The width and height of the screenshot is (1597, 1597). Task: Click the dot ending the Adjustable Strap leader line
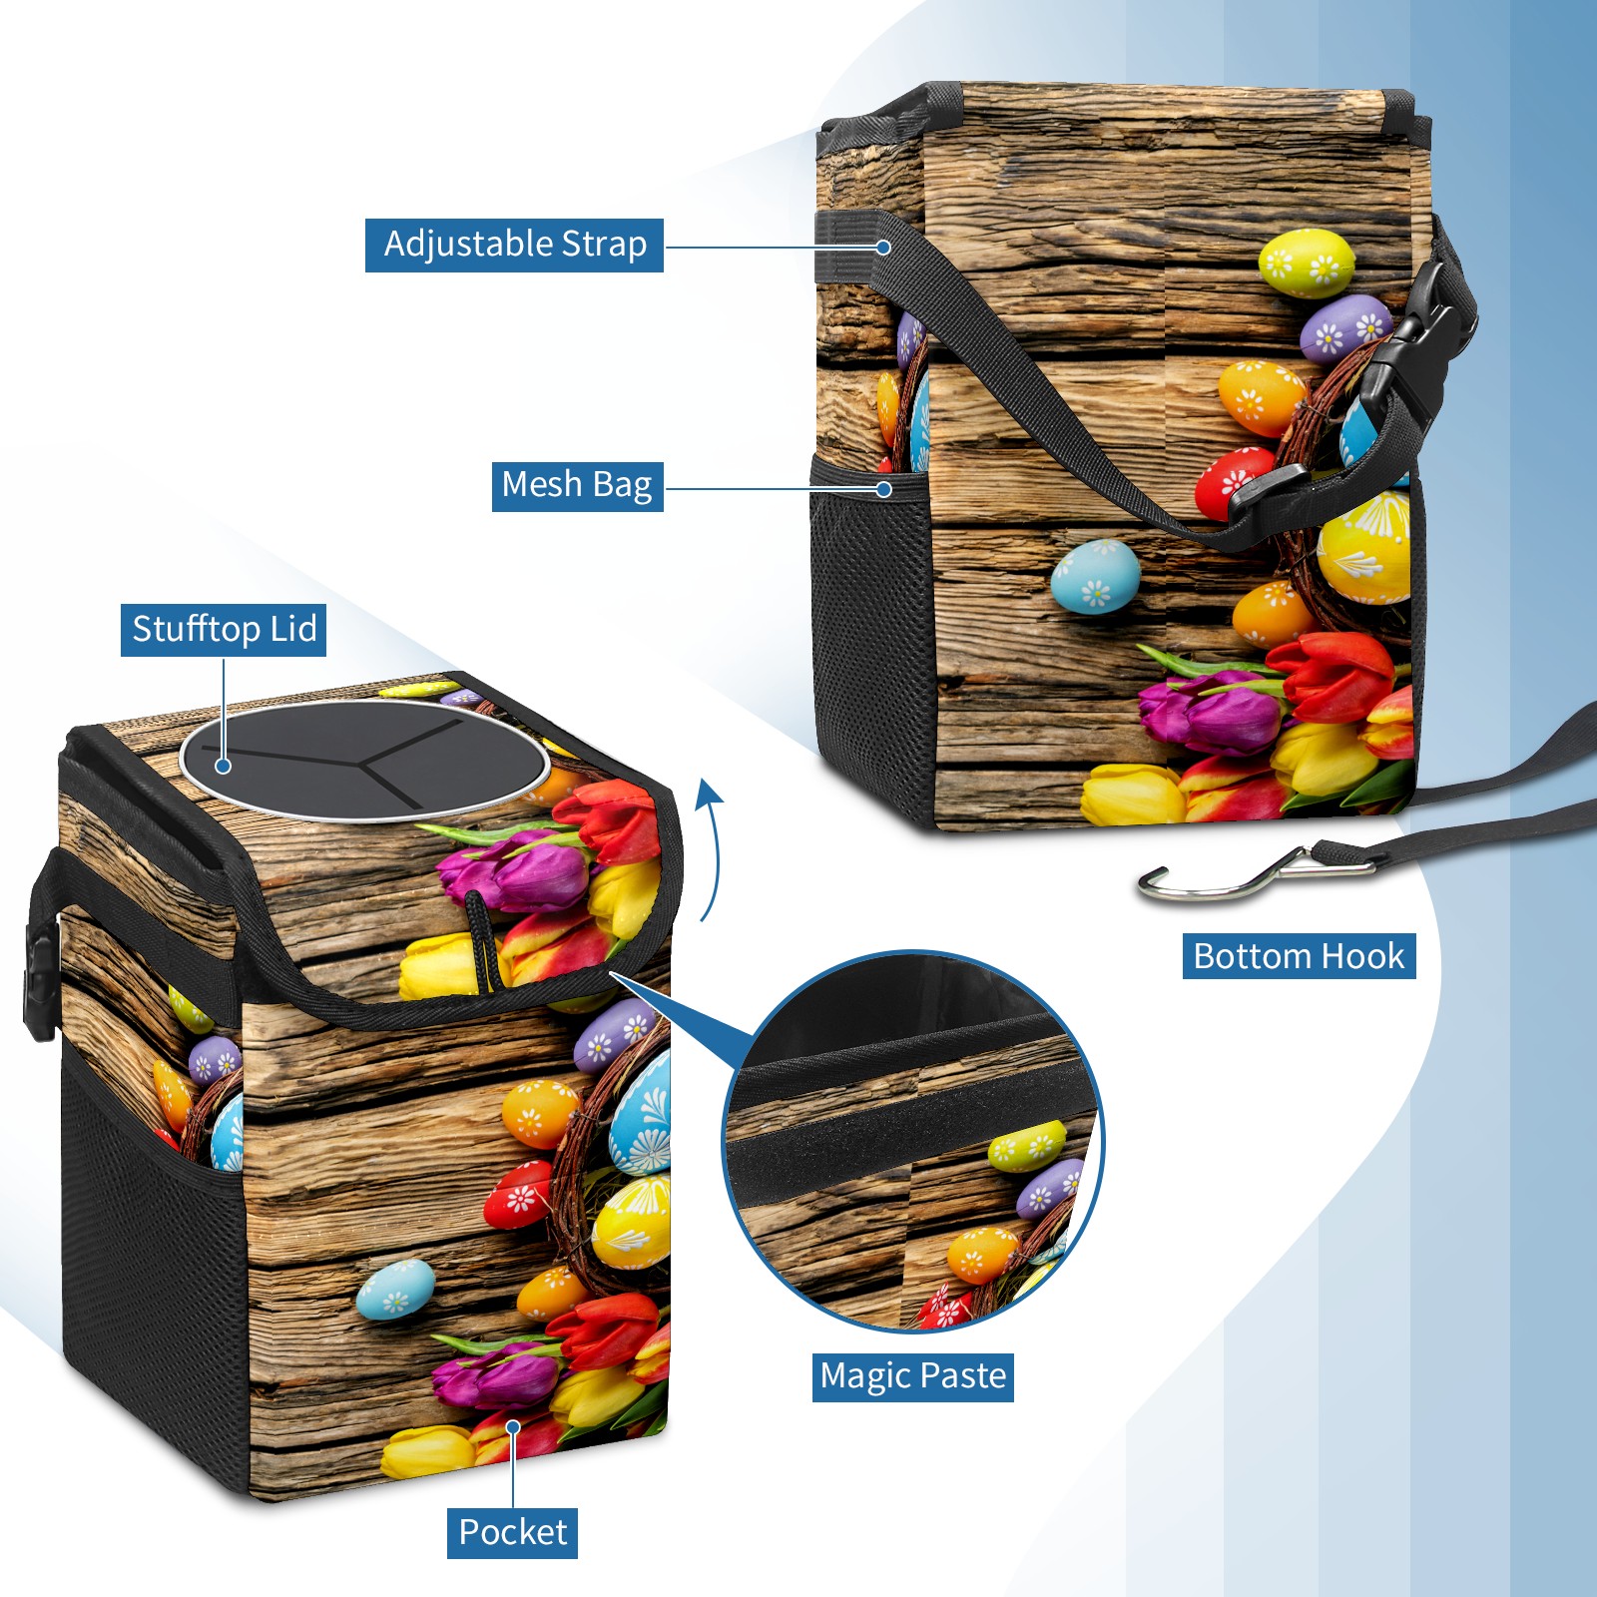tap(883, 247)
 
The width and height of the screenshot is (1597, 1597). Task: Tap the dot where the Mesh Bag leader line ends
tap(883, 489)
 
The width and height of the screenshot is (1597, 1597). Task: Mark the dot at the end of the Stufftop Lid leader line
tap(224, 766)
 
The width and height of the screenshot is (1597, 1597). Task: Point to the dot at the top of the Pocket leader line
tap(513, 1427)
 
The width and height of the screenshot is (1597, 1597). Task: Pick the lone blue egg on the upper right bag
tap(1095, 576)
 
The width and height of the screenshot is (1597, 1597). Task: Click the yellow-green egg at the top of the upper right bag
tap(1307, 263)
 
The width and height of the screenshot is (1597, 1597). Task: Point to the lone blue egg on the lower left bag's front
tap(396, 1289)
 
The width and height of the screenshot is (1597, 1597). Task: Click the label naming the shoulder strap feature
tap(515, 246)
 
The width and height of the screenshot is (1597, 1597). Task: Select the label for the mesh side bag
tap(577, 486)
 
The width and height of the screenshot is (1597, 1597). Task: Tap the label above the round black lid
tap(224, 630)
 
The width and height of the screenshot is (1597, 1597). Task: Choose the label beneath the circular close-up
tap(913, 1376)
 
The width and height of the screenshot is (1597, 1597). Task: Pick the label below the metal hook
tap(1300, 956)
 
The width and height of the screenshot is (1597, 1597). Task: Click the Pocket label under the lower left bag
tap(512, 1532)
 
